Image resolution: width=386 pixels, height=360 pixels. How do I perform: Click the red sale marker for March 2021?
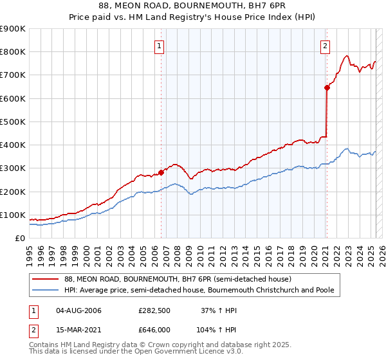[x=327, y=89]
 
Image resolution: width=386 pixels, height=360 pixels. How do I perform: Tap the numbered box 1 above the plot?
[x=158, y=45]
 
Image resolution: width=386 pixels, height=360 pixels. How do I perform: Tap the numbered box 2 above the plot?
[x=326, y=45]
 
